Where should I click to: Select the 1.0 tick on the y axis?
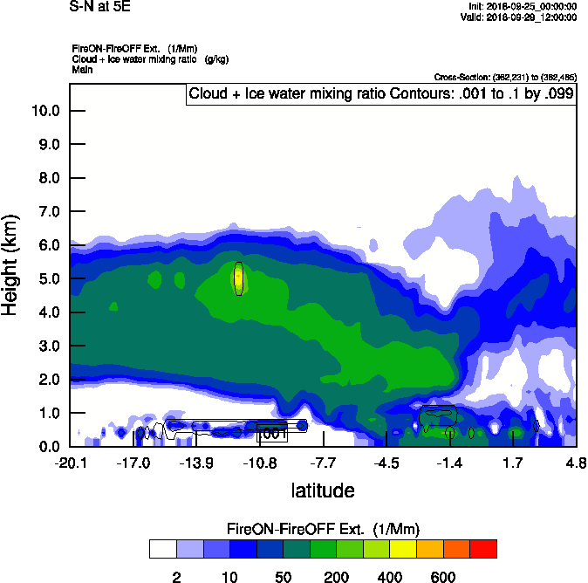point(47,413)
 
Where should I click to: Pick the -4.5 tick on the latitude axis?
point(386,463)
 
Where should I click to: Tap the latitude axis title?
point(323,490)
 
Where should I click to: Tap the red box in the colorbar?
point(483,548)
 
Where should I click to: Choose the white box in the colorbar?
point(163,548)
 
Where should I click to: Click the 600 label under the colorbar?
point(443,577)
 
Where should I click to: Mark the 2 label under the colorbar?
point(176,577)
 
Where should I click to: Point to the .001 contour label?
point(273,433)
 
